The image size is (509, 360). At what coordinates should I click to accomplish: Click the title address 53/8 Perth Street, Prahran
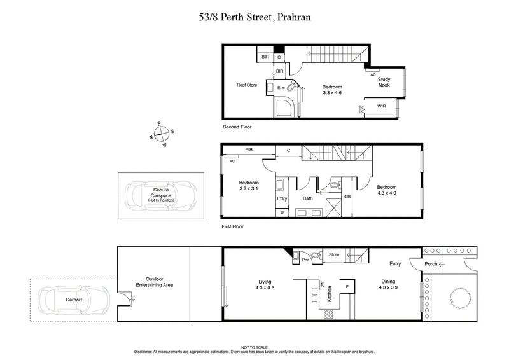click(x=254, y=17)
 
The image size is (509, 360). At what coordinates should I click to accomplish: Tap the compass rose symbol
click(x=162, y=134)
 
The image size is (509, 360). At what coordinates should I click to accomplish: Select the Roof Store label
click(x=247, y=85)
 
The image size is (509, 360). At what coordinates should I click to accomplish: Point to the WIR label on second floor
click(x=382, y=106)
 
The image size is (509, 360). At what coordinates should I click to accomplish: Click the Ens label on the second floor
click(x=281, y=88)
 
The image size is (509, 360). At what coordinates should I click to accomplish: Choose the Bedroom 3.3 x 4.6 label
click(x=332, y=90)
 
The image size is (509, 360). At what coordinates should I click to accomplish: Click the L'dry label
click(x=282, y=199)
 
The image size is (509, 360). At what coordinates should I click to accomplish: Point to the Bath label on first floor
click(x=307, y=199)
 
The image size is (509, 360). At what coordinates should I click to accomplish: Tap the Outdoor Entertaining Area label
click(x=159, y=281)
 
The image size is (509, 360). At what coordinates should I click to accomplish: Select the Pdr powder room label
click(x=305, y=260)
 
